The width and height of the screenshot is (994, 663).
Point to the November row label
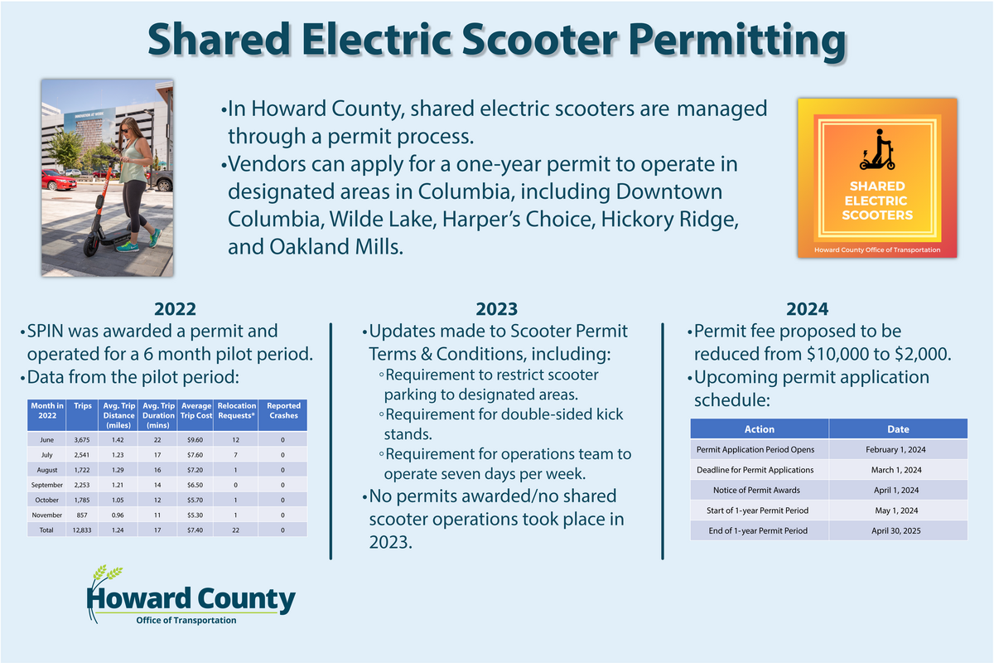46,514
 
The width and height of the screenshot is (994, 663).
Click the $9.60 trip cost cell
196,439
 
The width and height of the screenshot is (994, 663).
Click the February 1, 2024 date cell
897,450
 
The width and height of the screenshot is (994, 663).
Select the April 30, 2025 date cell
897,530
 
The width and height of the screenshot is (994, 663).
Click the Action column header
759,429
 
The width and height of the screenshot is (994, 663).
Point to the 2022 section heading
175,310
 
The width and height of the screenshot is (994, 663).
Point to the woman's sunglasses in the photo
129,130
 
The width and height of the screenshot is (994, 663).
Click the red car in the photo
58,180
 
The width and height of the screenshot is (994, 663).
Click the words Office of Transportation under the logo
186,620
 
